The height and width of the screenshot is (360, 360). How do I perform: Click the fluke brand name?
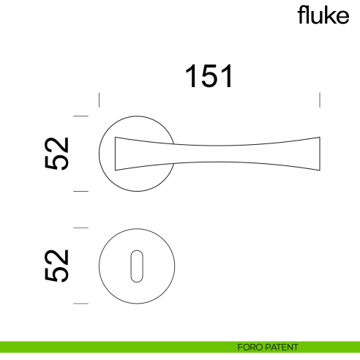point(323,16)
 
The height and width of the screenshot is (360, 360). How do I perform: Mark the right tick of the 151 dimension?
point(320,100)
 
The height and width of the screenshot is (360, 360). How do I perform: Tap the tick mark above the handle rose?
point(80,116)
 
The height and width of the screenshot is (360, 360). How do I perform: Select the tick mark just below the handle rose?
point(80,192)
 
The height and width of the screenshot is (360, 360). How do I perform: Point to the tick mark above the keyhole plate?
point(80,228)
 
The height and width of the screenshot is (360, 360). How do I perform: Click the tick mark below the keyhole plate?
point(80,304)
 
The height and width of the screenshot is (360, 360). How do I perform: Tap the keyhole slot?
point(137,266)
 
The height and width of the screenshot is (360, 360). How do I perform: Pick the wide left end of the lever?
point(119,154)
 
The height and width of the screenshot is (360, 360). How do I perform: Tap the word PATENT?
point(282,347)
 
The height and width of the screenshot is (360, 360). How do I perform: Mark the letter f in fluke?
point(300,16)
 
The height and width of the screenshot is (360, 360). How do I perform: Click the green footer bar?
point(110,347)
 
